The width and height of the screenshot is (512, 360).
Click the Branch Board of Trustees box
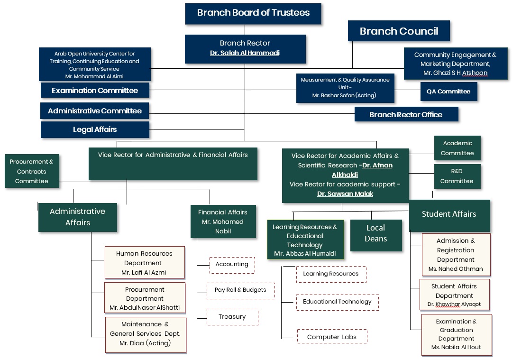[x=253, y=13]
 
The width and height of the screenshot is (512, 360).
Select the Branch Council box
[x=399, y=31]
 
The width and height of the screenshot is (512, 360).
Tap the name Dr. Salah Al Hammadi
[x=245, y=53]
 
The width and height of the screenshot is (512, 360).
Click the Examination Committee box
[x=95, y=91]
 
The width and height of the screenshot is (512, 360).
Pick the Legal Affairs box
[x=95, y=129]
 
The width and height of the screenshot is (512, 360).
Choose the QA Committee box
[x=448, y=92]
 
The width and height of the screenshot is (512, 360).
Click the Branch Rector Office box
[x=406, y=114]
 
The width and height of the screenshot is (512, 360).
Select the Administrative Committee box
[x=94, y=111]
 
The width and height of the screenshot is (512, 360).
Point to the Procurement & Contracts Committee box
[x=32, y=171]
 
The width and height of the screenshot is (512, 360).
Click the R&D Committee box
[x=457, y=176]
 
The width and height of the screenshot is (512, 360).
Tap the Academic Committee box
[x=457, y=148]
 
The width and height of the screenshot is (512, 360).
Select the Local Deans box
[x=376, y=233]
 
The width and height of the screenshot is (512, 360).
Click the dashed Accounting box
[x=232, y=265]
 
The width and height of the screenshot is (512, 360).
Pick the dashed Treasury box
[x=232, y=317]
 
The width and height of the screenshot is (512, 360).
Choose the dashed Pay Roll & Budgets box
[x=240, y=290]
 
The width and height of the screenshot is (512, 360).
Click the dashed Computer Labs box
[x=331, y=337]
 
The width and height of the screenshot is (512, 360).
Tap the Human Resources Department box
[x=144, y=263]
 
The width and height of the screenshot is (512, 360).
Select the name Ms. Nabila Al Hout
[x=456, y=347]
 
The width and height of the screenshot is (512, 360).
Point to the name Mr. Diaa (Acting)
[x=145, y=343]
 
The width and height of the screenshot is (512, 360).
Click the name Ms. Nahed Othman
[x=456, y=269]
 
